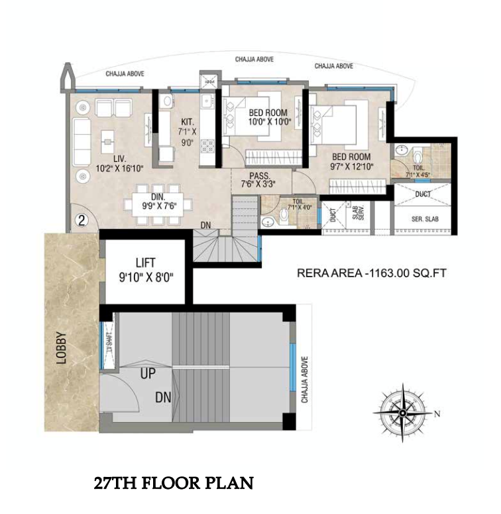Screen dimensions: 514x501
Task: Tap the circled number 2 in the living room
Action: coord(81,220)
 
